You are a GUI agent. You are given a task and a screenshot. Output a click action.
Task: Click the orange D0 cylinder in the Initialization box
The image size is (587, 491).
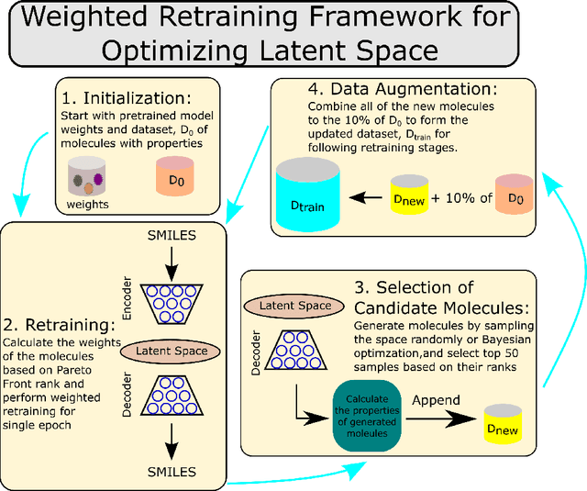pyautogui.click(x=174, y=179)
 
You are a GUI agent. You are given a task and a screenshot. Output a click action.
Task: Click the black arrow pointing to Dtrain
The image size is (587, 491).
pyautogui.click(x=370, y=195)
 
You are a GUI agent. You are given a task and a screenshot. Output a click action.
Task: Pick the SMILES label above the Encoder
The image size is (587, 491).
pyautogui.click(x=172, y=237)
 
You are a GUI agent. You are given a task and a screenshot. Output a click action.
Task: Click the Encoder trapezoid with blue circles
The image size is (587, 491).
pyautogui.click(x=172, y=305)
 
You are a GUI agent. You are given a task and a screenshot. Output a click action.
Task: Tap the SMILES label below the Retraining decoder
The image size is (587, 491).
pyautogui.click(x=172, y=472)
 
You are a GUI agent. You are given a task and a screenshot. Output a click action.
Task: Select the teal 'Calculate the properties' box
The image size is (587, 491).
pyautogui.click(x=368, y=421)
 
